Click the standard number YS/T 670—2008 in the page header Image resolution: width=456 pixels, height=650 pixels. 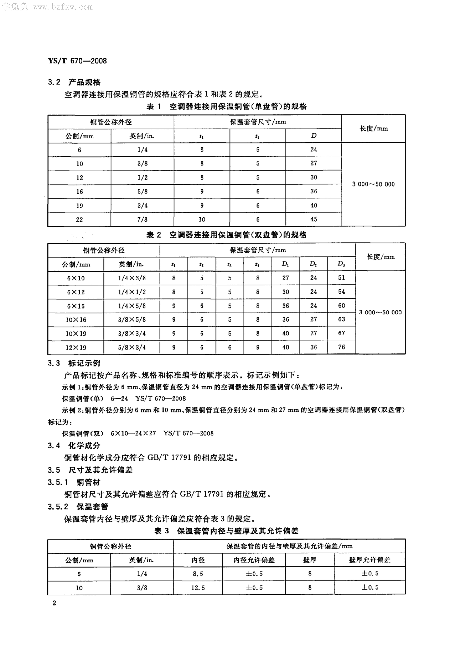(77, 61)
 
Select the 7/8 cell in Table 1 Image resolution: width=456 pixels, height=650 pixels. (142, 219)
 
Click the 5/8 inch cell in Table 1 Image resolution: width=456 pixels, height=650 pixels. (142, 191)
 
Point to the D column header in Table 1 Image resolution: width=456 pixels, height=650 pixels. (314, 136)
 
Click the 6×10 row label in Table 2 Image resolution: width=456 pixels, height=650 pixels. (76, 278)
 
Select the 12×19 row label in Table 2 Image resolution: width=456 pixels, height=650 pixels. (76, 347)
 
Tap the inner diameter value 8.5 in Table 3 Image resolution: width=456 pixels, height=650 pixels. (198, 574)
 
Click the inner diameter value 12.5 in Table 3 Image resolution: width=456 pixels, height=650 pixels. (198, 588)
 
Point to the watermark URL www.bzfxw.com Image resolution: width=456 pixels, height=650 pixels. (63, 7)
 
